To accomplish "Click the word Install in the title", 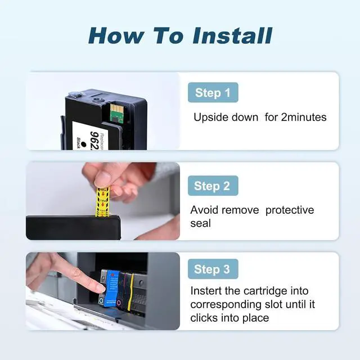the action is (x=232, y=35).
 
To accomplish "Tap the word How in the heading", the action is (x=116, y=35).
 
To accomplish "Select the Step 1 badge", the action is (x=213, y=92).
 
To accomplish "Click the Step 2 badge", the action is (x=213, y=186).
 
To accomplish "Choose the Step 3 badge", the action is (x=213, y=269).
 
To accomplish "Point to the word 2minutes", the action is (x=304, y=117).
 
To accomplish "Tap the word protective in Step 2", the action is (x=290, y=210).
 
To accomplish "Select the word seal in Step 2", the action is (x=200, y=223).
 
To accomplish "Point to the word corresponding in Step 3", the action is (x=226, y=305).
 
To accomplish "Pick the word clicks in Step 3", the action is (x=204, y=318).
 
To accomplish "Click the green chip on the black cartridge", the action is (x=116, y=112).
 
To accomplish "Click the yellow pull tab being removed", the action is (x=102, y=201).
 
